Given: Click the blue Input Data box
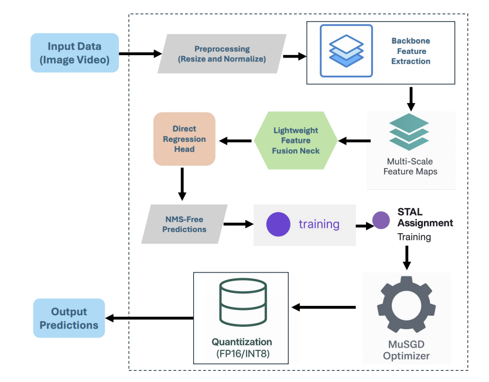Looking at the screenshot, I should pyautogui.click(x=74, y=53).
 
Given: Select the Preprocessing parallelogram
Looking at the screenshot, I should pyautogui.click(x=222, y=54).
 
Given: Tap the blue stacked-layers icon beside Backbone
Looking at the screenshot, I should pyautogui.click(x=346, y=51).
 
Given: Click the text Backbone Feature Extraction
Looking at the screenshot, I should pyautogui.click(x=411, y=52).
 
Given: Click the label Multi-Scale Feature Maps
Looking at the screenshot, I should pyautogui.click(x=410, y=166).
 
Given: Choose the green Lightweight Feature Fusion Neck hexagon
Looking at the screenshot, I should pyautogui.click(x=296, y=141).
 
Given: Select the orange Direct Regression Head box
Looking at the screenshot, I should pyautogui.click(x=184, y=139).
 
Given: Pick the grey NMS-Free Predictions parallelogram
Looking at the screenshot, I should pyautogui.click(x=184, y=224).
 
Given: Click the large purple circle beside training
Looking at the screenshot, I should pyautogui.click(x=278, y=224).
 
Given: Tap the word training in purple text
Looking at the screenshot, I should pyautogui.click(x=319, y=224).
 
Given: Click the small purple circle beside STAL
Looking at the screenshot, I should pyautogui.click(x=381, y=220).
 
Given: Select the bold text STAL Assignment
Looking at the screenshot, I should pyautogui.click(x=425, y=217).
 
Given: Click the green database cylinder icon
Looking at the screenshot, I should pyautogui.click(x=242, y=301).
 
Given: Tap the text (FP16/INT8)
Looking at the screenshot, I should pyautogui.click(x=242, y=353).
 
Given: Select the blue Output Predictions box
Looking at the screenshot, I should pyautogui.click(x=69, y=318).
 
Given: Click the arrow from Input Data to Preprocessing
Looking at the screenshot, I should pyautogui.click(x=140, y=54).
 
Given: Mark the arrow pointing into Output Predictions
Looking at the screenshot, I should pyautogui.click(x=149, y=318).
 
